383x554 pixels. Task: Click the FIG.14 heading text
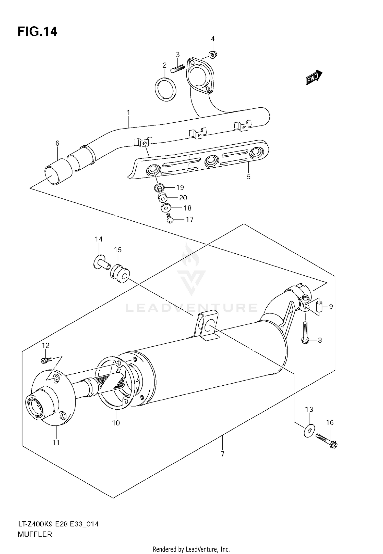click(37, 32)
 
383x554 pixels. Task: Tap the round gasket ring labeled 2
click(165, 89)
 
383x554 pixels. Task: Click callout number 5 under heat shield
click(248, 177)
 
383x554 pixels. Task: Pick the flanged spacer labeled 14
click(100, 262)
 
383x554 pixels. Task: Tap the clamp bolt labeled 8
click(305, 332)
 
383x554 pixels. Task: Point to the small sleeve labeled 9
click(319, 306)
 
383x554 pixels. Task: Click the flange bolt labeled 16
click(327, 442)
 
